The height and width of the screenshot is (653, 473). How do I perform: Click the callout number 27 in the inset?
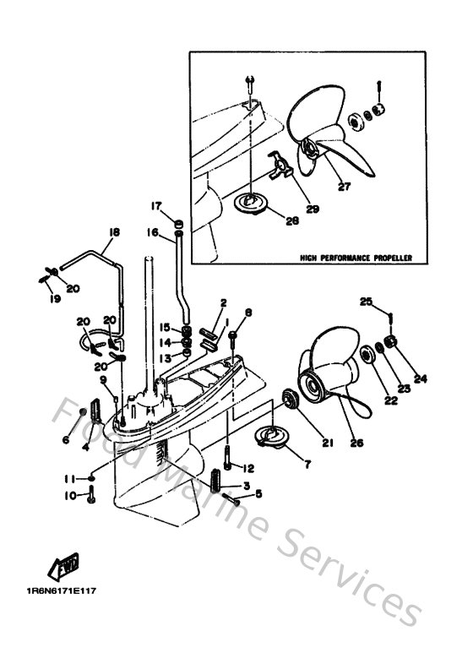coord(344,187)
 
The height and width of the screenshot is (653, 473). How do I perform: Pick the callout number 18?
coord(112,231)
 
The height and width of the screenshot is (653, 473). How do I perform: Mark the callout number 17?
coord(156,206)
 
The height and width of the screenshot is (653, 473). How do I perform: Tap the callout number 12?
coord(248,467)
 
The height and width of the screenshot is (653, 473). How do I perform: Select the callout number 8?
coord(249,313)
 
